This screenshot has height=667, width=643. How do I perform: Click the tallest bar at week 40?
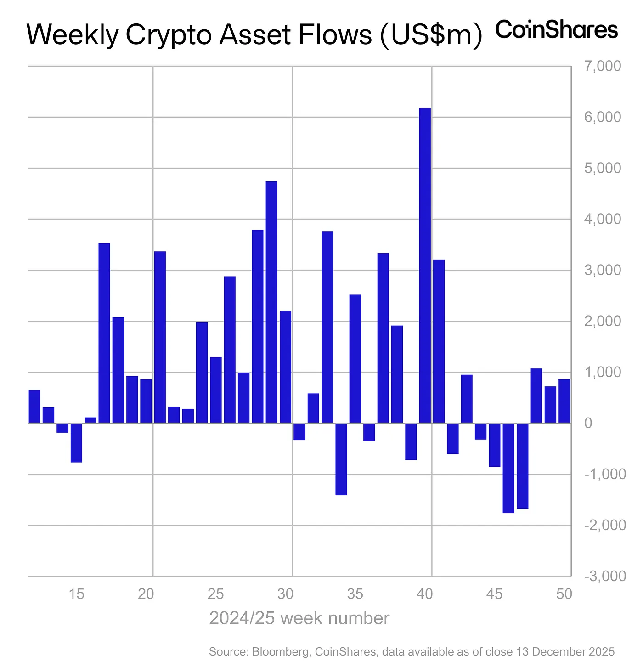click(425, 265)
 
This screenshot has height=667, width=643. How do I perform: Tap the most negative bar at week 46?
click(508, 468)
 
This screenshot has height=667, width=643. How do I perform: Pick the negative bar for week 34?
click(341, 459)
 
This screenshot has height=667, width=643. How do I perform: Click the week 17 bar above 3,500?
click(104, 333)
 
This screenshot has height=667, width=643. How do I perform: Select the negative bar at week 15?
click(76, 442)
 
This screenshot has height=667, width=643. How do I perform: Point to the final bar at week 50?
click(564, 401)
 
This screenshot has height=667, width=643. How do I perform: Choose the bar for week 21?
click(160, 337)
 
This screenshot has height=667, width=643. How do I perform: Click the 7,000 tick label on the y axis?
click(602, 66)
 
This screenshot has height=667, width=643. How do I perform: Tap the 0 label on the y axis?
click(588, 423)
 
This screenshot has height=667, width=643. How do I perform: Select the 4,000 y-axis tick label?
click(602, 219)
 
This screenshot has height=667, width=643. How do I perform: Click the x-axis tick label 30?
click(286, 594)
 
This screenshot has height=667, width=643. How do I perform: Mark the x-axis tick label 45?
click(495, 594)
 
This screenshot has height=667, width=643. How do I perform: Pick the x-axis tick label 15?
click(77, 594)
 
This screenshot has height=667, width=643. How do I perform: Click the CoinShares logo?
click(557, 30)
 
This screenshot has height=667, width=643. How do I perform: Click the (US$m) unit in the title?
click(430, 35)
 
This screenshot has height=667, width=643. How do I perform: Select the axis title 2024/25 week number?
click(299, 618)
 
